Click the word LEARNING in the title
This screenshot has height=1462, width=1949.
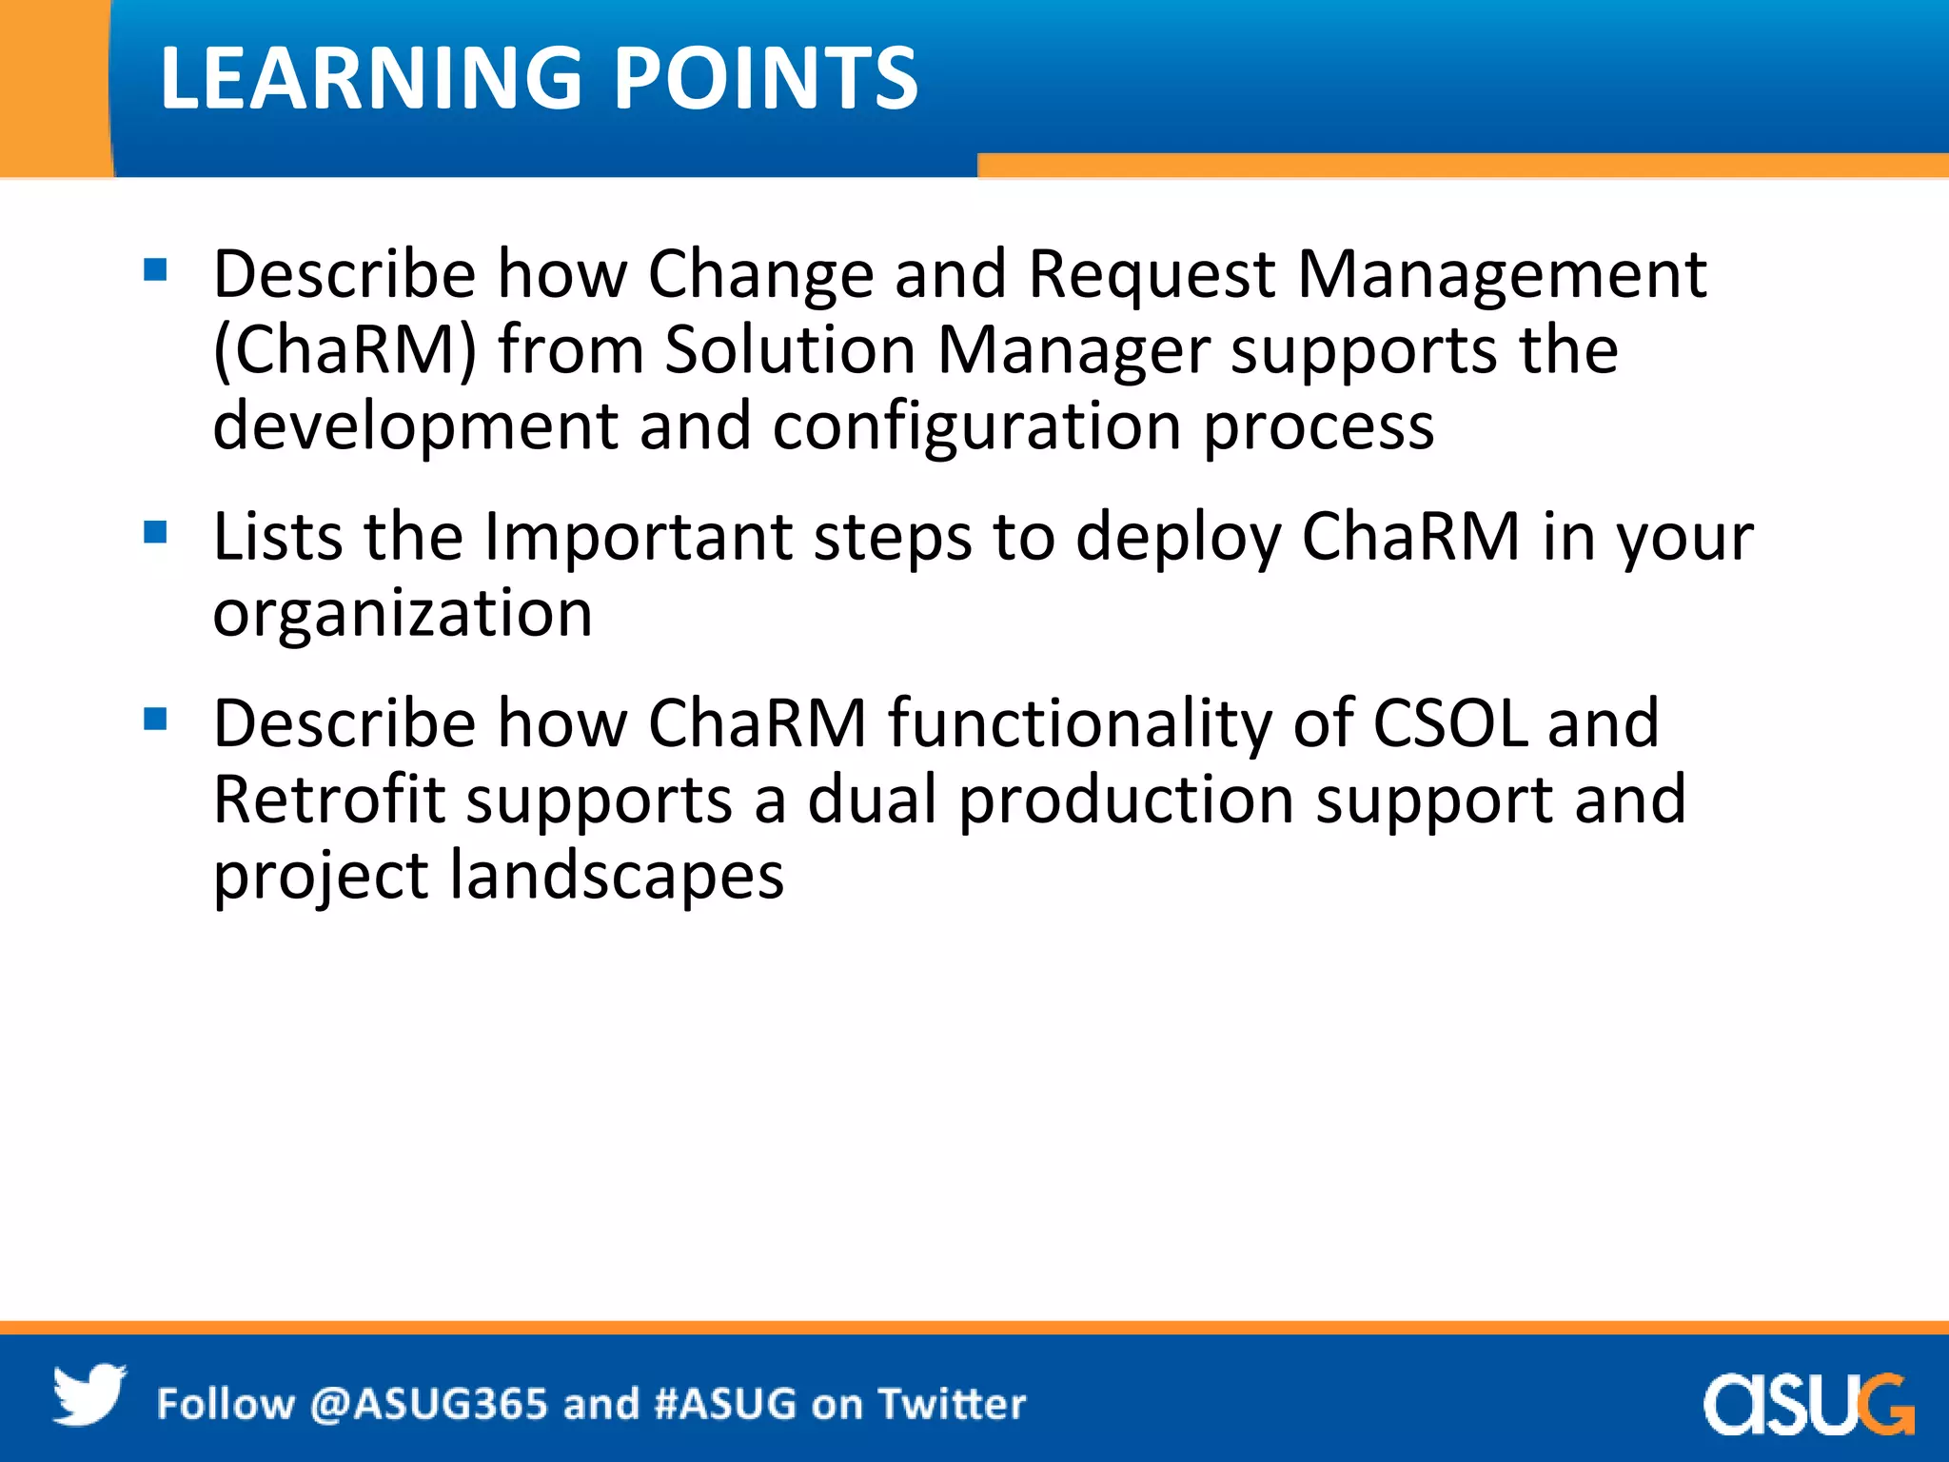371,78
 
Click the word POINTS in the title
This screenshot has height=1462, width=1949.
766,78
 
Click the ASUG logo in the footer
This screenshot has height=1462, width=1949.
1807,1403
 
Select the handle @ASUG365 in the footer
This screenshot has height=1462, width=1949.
429,1405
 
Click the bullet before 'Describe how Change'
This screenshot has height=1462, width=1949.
155,270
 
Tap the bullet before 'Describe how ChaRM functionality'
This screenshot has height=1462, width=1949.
155,719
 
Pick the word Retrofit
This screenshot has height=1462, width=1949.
329,800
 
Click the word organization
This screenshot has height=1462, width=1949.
403,614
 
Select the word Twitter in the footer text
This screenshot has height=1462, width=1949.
952,1405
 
